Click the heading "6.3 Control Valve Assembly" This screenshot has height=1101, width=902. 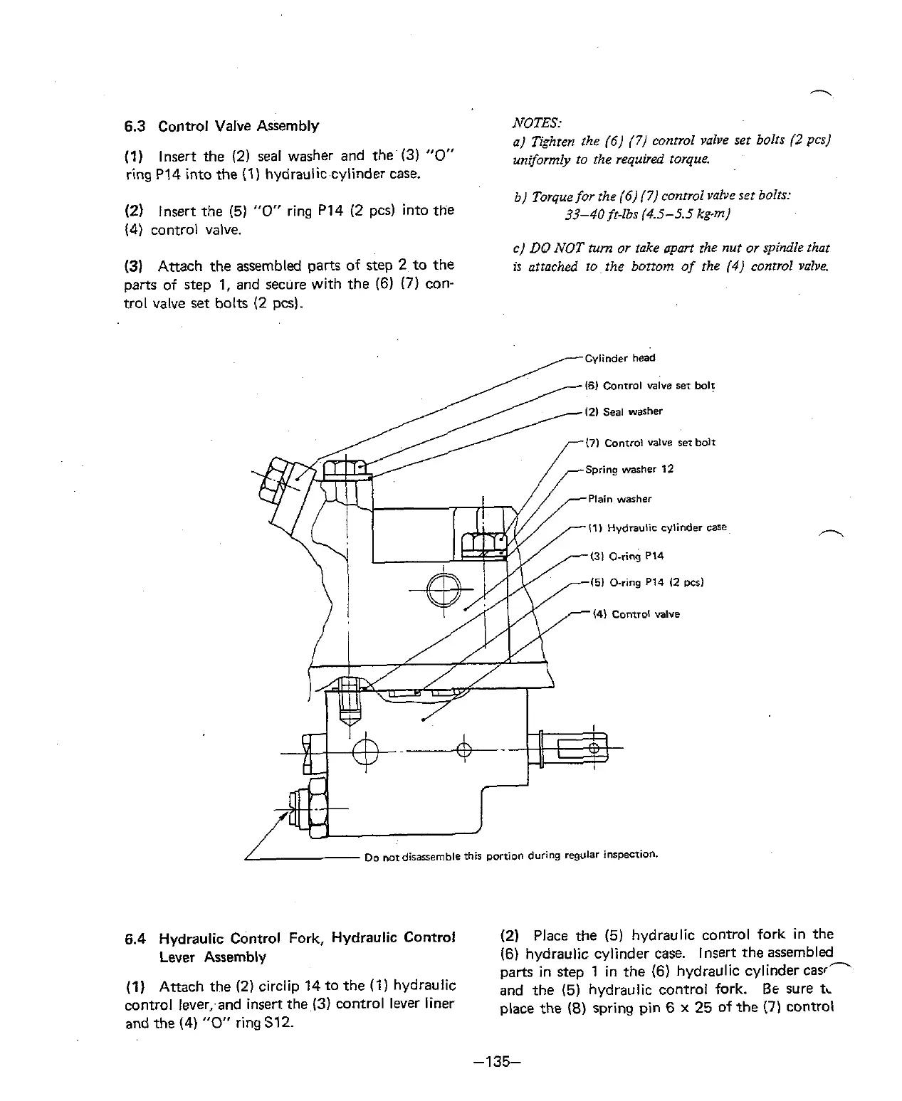click(x=221, y=127)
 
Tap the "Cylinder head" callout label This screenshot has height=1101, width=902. click(x=619, y=358)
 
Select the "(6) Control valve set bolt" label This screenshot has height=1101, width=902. click(x=649, y=386)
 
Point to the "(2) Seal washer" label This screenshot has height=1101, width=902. click(x=624, y=411)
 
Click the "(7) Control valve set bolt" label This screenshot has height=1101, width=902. click(x=650, y=443)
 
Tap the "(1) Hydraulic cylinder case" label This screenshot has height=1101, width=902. click(x=657, y=527)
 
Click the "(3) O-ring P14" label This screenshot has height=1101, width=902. click(x=626, y=556)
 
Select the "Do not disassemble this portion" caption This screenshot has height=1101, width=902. click(x=510, y=855)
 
